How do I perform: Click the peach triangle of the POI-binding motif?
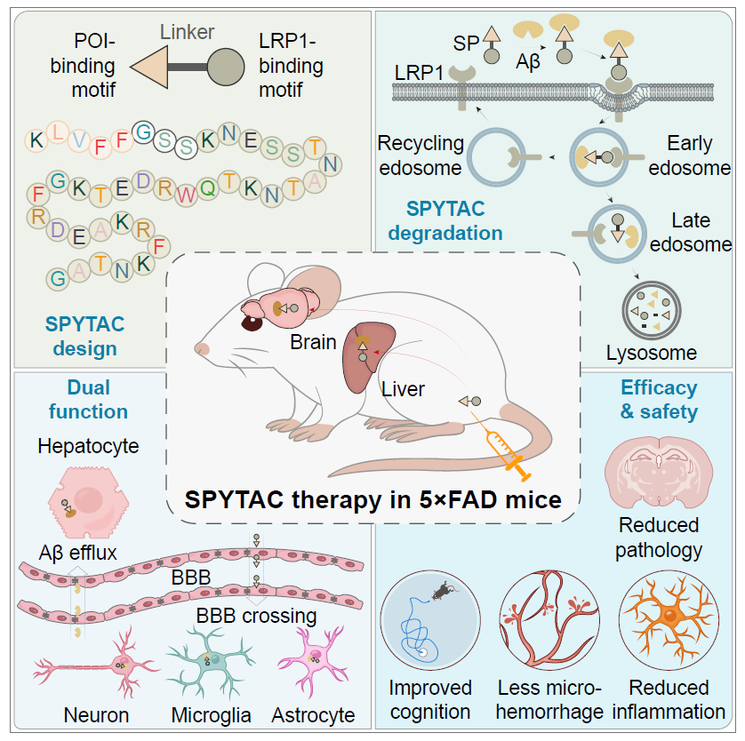click(x=152, y=67)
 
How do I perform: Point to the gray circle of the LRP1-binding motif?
click(x=226, y=67)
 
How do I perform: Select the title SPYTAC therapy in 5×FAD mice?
click(x=372, y=499)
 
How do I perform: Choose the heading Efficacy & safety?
click(x=659, y=400)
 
